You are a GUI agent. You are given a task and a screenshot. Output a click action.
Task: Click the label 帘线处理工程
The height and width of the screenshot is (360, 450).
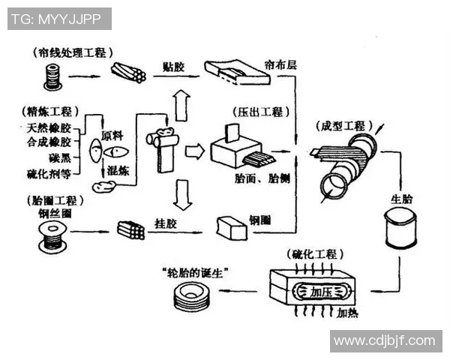point(73,52)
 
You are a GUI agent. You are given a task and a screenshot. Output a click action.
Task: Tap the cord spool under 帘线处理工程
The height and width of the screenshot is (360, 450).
point(52,75)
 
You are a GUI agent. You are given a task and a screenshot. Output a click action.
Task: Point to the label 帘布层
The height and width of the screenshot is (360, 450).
point(281,65)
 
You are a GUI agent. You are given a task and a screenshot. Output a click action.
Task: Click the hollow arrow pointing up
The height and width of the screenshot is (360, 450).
point(179,102)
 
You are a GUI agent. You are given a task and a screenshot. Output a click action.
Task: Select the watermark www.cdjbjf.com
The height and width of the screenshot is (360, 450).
point(384,341)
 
